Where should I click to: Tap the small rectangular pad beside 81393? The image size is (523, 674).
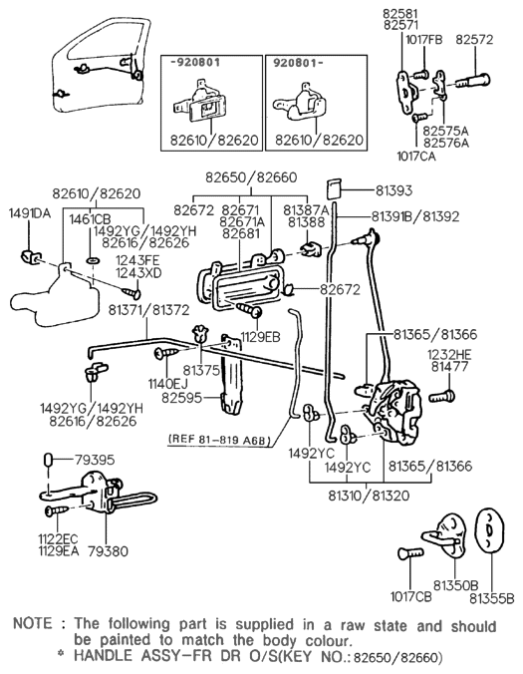click(335, 188)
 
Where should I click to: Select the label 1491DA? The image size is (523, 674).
click(30, 213)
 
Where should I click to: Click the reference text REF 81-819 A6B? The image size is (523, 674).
click(223, 438)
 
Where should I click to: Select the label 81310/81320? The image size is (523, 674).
click(369, 493)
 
